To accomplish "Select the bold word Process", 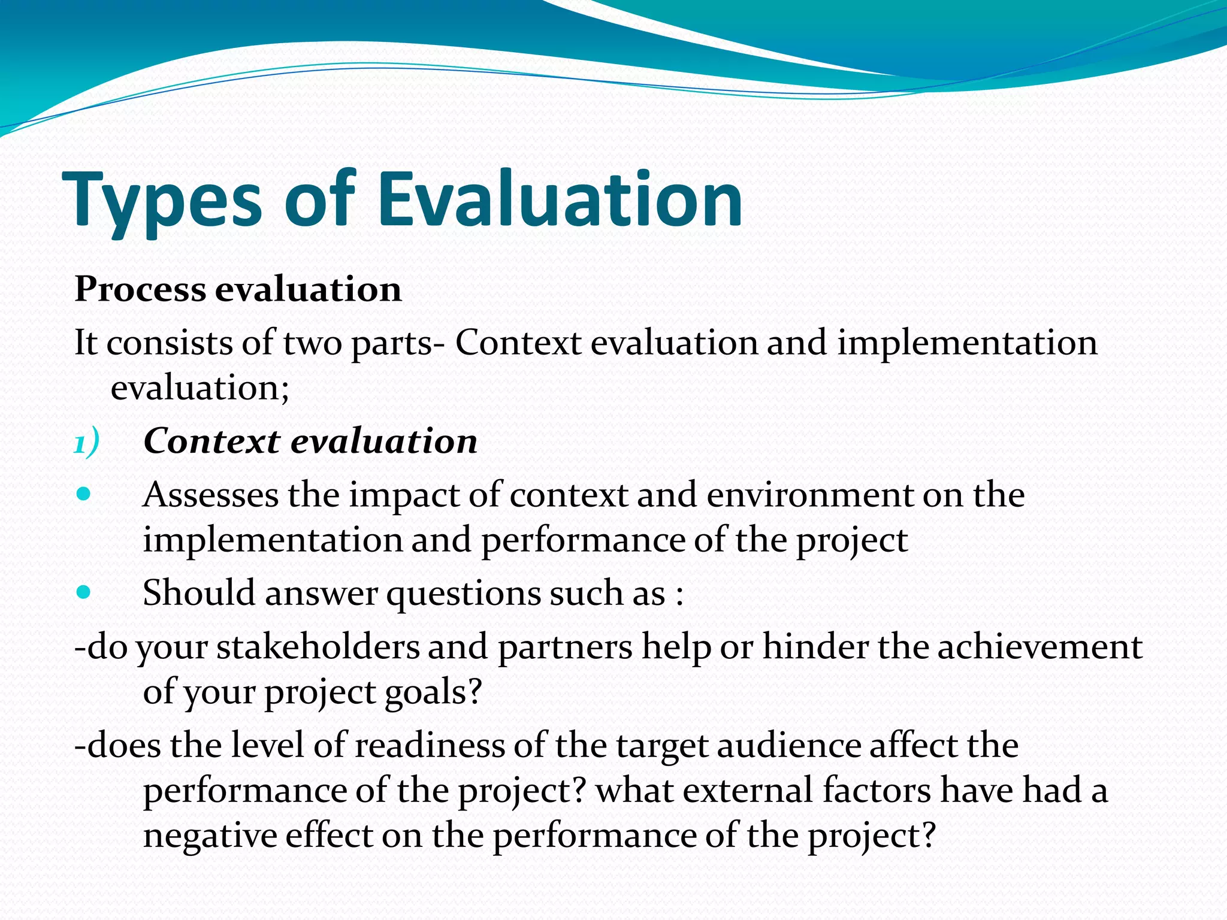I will click(140, 290).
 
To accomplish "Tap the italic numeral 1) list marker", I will click(86, 444).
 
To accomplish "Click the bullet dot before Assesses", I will click(84, 495).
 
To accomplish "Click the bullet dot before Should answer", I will click(84, 593).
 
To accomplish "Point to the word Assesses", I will click(210, 495).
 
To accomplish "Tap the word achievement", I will click(1039, 647).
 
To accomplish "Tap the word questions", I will click(463, 594).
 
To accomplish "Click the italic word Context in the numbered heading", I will click(211, 441).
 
